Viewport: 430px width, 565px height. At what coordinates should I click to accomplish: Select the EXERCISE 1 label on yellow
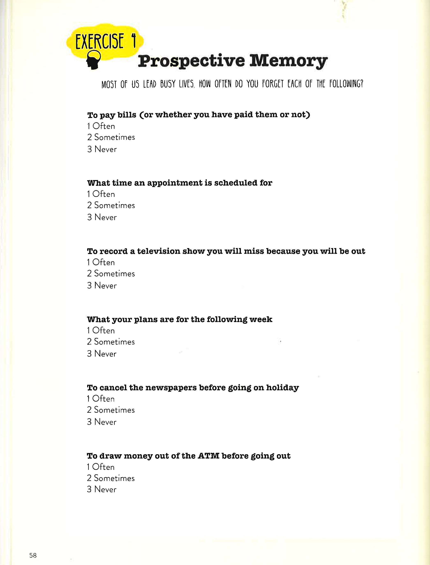tap(105, 42)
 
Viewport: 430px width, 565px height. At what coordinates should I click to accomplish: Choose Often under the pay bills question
tap(101, 126)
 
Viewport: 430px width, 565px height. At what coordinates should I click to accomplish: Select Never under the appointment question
tap(102, 217)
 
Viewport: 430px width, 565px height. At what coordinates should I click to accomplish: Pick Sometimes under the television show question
tap(111, 274)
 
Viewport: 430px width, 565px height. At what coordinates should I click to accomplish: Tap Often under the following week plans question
tap(101, 331)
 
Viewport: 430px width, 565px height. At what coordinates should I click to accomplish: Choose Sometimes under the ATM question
tap(111, 478)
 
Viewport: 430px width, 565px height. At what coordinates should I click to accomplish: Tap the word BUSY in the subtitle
tap(168, 84)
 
